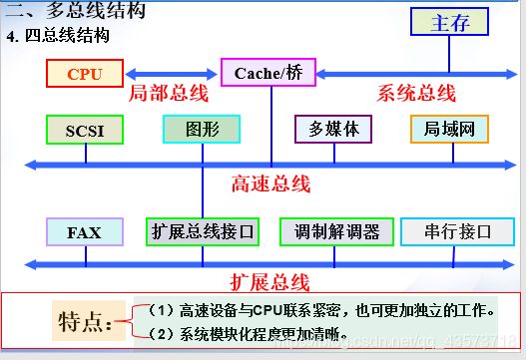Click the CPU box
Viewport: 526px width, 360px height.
[x=83, y=74]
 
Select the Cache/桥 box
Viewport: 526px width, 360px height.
[x=267, y=74]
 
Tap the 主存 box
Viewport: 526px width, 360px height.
[x=450, y=24]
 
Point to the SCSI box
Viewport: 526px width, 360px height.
[x=84, y=131]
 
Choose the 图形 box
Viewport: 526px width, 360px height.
[x=202, y=130]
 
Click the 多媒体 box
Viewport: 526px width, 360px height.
[x=332, y=130]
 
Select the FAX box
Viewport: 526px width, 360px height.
[x=84, y=232]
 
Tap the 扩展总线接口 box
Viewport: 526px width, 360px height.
[x=203, y=232]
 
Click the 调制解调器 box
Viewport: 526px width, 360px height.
[x=336, y=232]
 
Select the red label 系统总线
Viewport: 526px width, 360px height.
[x=416, y=94]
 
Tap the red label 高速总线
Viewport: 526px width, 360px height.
[x=270, y=183]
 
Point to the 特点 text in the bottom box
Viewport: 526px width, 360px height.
[x=85, y=323]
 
